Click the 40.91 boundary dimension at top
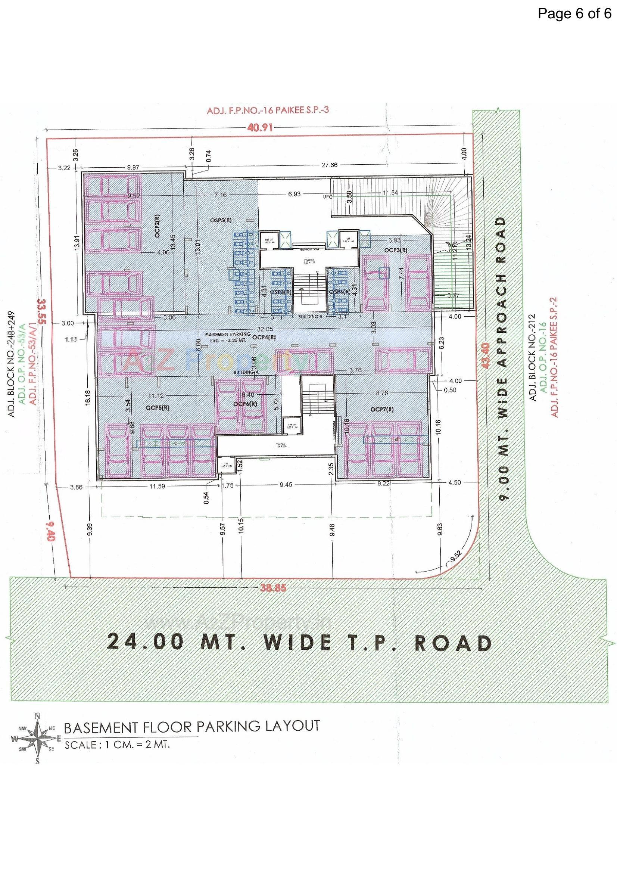point(261,127)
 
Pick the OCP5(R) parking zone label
point(158,407)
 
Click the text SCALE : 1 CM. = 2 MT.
point(116,745)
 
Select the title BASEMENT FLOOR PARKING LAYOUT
point(191,727)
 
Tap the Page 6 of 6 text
point(574,14)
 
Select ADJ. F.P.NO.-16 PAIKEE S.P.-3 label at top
point(267,111)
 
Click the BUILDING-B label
point(308,316)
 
